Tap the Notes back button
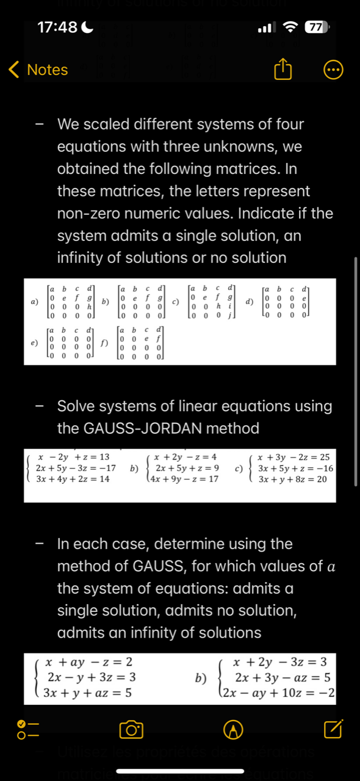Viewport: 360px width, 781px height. (x=38, y=70)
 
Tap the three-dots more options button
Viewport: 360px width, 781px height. (x=333, y=70)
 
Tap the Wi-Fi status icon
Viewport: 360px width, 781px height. (x=292, y=27)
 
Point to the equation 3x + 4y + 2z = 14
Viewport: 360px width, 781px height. (x=72, y=480)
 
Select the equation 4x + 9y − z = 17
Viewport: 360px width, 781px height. (x=187, y=480)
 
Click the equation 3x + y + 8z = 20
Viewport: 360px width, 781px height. (x=292, y=480)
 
